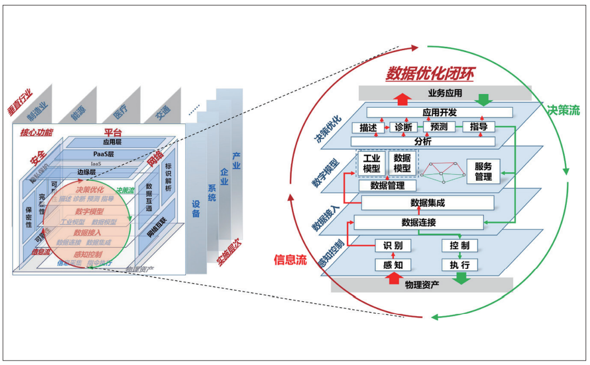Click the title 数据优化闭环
click(430, 73)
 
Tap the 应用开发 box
click(439, 112)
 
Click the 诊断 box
click(403, 127)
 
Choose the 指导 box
click(478, 127)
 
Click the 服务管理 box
click(483, 172)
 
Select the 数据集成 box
click(427, 203)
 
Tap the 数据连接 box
click(419, 223)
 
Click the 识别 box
click(393, 245)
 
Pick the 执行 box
click(459, 265)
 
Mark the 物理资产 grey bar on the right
click(422, 285)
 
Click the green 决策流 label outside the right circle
click(563, 110)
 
